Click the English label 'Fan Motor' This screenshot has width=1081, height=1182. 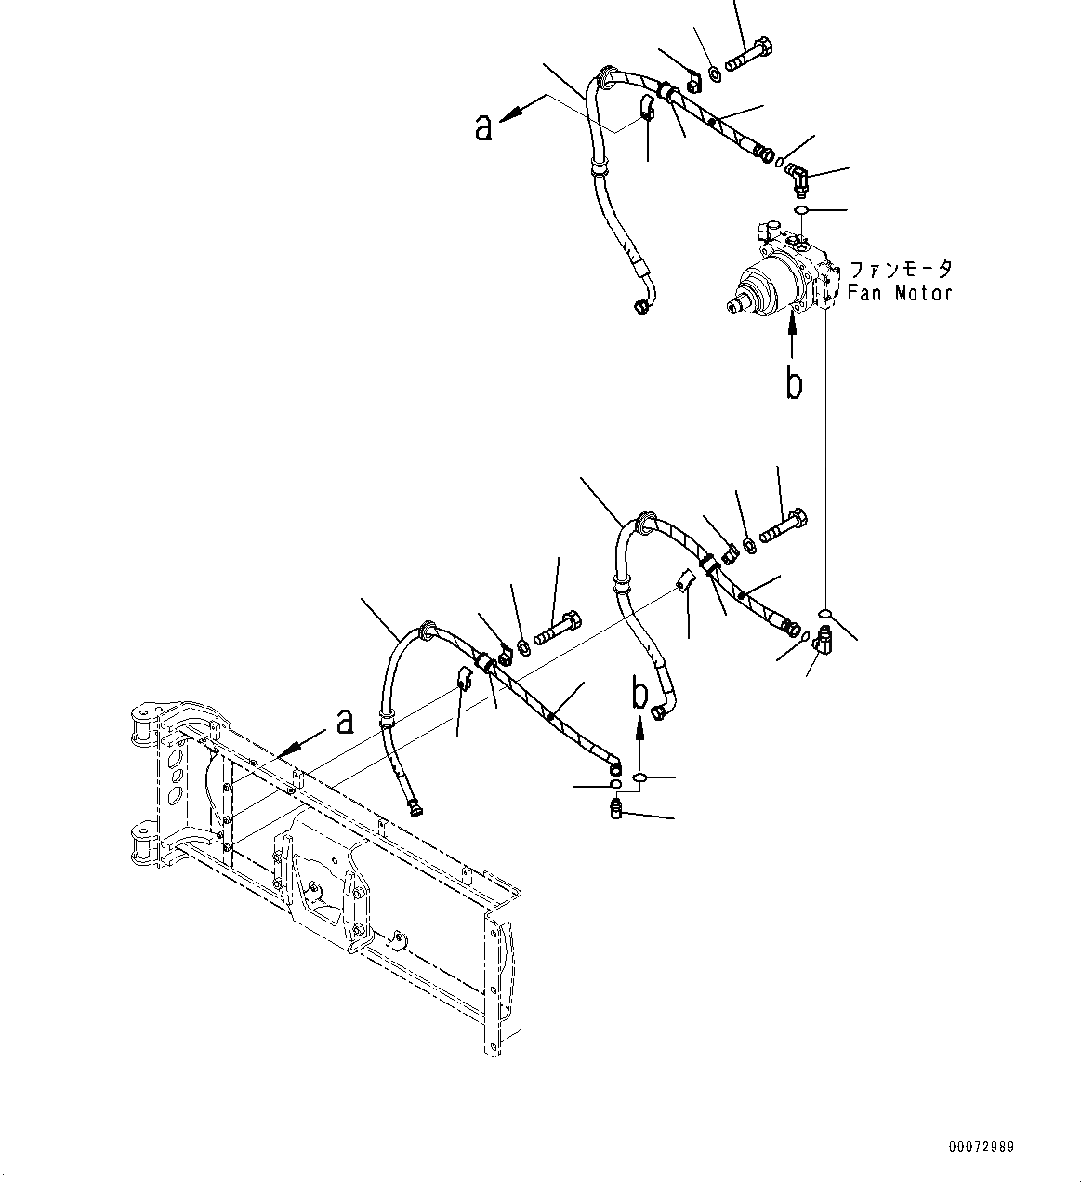(x=900, y=293)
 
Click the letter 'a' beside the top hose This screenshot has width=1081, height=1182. (x=482, y=127)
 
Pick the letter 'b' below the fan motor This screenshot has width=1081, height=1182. (x=793, y=383)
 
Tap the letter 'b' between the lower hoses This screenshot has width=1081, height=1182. (x=639, y=693)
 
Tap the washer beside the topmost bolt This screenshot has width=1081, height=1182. (x=714, y=73)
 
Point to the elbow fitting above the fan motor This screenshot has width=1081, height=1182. (x=797, y=176)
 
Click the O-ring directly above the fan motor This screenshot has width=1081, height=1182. (x=805, y=211)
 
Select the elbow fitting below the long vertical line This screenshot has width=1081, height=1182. (x=823, y=639)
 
